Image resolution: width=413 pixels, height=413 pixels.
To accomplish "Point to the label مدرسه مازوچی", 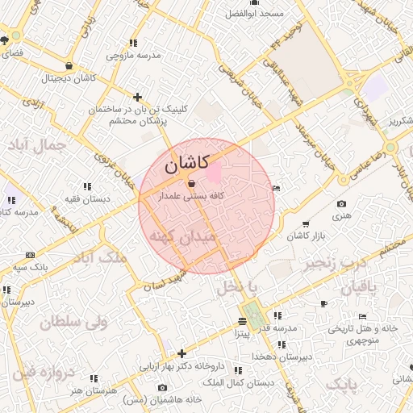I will pyautogui.click(x=134, y=55).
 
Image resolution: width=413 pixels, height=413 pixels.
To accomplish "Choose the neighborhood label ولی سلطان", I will pyautogui.click(x=73, y=323).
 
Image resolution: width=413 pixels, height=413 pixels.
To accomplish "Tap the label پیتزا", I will pyautogui.click(x=242, y=332).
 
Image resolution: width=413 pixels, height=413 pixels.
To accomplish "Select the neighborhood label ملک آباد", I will pyautogui.click(x=100, y=257).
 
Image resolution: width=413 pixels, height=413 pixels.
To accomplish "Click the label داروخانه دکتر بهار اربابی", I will pyautogui.click(x=182, y=365).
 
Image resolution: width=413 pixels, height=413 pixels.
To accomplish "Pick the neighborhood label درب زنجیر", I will pyautogui.click(x=332, y=262).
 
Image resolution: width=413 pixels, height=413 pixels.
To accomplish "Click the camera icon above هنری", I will pyautogui.click(x=342, y=204).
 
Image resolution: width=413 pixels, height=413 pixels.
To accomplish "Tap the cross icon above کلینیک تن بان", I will pyautogui.click(x=138, y=96).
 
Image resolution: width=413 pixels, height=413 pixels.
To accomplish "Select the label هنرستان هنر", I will pyautogui.click(x=94, y=390).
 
